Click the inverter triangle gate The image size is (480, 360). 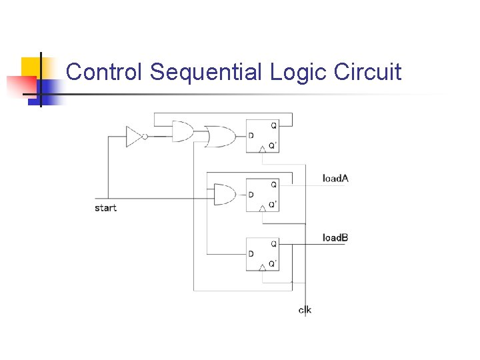click(133, 137)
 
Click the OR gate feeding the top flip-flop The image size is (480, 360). click(216, 137)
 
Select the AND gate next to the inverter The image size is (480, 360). click(182, 131)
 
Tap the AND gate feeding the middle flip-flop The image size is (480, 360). click(225, 195)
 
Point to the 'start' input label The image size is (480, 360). click(105, 208)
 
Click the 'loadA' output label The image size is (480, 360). click(335, 178)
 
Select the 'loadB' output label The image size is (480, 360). click(335, 237)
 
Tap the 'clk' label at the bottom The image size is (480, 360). click(305, 309)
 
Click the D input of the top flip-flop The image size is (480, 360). click(251, 136)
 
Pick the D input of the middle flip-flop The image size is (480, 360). click(251, 195)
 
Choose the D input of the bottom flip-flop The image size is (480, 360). click(251, 253)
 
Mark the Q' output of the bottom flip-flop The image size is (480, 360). click(273, 263)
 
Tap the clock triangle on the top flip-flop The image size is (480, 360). click(263, 149)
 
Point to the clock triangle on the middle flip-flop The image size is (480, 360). click(263, 208)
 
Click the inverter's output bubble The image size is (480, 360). click(145, 137)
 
